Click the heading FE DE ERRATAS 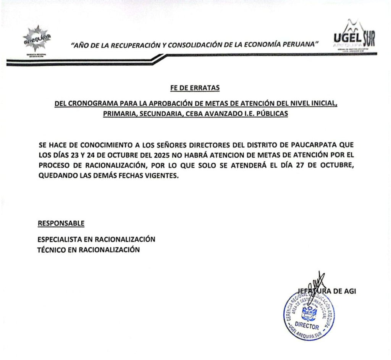click(x=195, y=88)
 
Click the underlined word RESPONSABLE click(x=61, y=223)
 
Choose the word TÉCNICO click(x=50, y=250)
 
